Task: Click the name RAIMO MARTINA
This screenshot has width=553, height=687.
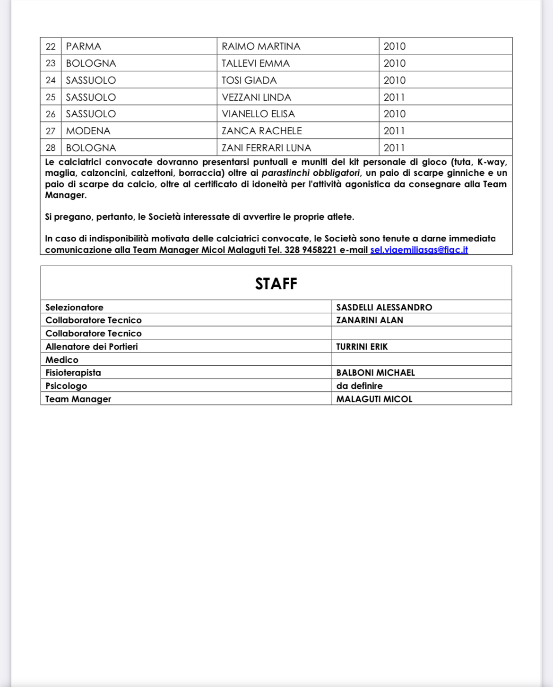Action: pyautogui.click(x=261, y=46)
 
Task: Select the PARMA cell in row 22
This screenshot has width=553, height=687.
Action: pyautogui.click(x=84, y=46)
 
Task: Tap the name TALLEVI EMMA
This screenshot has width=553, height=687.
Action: pyautogui.click(x=256, y=63)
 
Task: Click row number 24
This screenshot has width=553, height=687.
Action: pyautogui.click(x=51, y=80)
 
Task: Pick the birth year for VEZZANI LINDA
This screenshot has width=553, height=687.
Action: pyautogui.click(x=394, y=97)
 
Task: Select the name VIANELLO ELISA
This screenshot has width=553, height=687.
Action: pyautogui.click(x=258, y=114)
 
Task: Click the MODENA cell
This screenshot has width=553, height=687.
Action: pyautogui.click(x=88, y=131)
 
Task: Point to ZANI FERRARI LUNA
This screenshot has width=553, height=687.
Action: pyautogui.click(x=267, y=148)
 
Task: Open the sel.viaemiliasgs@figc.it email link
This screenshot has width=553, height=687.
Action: pyautogui.click(x=419, y=250)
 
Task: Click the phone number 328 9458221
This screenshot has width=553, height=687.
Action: pyautogui.click(x=310, y=250)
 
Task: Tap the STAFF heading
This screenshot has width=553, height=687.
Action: pyautogui.click(x=276, y=283)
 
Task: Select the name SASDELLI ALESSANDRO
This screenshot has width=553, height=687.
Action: pyautogui.click(x=384, y=307)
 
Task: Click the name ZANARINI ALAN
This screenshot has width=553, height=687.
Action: pyautogui.click(x=370, y=320)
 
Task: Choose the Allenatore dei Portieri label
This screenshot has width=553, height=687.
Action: pyautogui.click(x=92, y=346)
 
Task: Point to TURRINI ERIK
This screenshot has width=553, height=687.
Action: pyautogui.click(x=362, y=346)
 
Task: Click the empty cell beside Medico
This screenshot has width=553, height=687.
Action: pyautogui.click(x=421, y=360)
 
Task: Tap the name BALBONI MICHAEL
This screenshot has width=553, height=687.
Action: pyautogui.click(x=375, y=373)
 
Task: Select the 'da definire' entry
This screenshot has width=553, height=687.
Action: pyautogui.click(x=360, y=386)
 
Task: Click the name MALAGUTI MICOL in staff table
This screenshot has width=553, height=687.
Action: pyautogui.click(x=374, y=399)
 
